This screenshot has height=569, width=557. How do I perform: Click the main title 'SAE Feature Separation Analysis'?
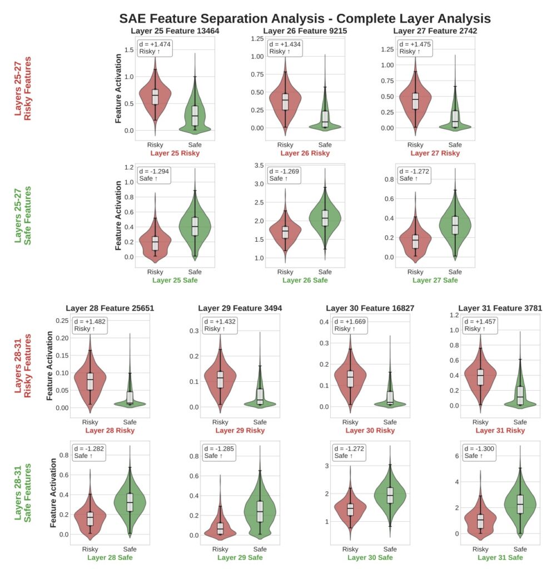coord(305,18)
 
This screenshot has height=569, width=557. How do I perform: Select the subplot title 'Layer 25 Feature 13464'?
coord(175,31)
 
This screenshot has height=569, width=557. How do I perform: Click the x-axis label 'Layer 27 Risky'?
coord(435,153)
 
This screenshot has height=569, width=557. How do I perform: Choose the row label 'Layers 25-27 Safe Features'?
coord(23,222)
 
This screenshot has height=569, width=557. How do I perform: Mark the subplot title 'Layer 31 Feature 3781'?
coord(500,308)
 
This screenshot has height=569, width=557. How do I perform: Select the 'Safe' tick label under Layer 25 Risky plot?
coord(195,145)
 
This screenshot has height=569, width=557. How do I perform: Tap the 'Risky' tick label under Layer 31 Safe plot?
coord(480,549)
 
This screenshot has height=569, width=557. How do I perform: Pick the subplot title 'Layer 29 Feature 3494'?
coord(240,308)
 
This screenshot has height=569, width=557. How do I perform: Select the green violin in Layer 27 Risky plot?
coord(455,119)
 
